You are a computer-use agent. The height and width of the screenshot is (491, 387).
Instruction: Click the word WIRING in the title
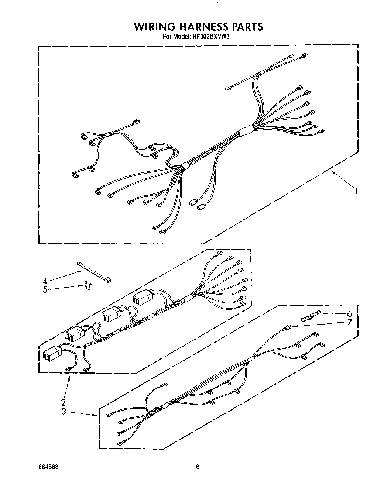pyautogui.click(x=154, y=27)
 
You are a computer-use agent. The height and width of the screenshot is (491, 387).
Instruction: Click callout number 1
pyautogui.click(x=357, y=191)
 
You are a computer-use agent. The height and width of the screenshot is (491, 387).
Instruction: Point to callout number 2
pyautogui.click(x=63, y=402)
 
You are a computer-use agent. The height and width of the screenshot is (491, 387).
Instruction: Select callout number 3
pyautogui.click(x=63, y=411)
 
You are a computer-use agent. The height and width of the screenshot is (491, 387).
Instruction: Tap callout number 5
pyautogui.click(x=45, y=290)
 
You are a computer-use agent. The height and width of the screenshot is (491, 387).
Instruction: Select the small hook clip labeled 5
pyautogui.click(x=88, y=285)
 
